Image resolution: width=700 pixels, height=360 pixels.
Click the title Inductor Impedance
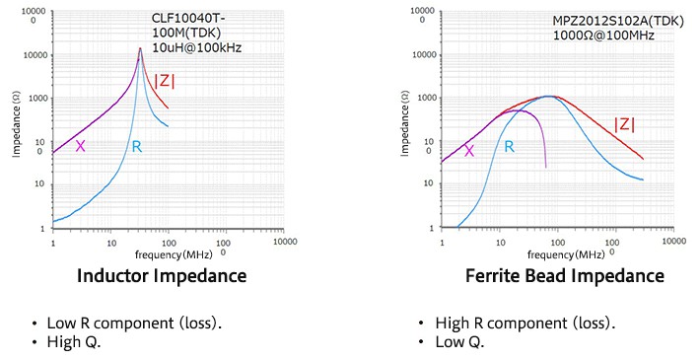[x=162, y=275]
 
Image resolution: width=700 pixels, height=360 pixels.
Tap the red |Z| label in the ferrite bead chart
[x=624, y=124]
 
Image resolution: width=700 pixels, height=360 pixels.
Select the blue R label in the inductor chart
[x=136, y=147]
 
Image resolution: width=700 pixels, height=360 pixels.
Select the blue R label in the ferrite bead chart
[x=509, y=147]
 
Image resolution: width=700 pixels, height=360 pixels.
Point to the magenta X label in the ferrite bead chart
[x=469, y=151]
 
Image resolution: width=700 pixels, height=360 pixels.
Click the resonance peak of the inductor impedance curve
[x=141, y=48]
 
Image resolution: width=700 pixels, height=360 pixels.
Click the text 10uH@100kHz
[x=196, y=47]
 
